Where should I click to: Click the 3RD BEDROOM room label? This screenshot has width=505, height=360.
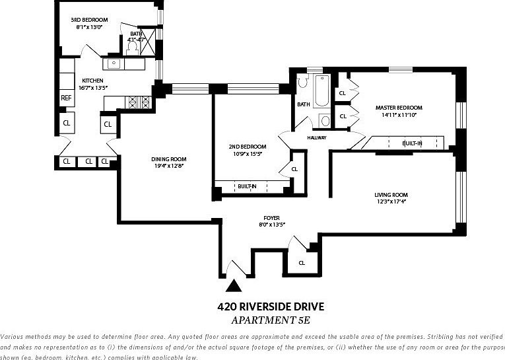click(88, 20)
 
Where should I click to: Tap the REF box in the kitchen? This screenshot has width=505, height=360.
click(66, 98)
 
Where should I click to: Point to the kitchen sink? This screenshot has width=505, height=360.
click(114, 64)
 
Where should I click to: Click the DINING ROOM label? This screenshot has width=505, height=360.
click(169, 159)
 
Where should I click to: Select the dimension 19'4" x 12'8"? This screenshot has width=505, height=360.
click(169, 166)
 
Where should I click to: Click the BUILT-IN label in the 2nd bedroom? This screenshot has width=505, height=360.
click(248, 187)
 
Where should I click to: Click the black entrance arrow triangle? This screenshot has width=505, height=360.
click(232, 286)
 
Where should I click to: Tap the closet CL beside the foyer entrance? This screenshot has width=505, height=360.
click(302, 262)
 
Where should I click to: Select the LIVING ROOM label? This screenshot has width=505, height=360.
click(391, 195)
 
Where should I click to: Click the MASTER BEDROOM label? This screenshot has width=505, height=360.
click(399, 108)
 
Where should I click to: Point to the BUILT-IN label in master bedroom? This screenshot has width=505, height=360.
click(412, 143)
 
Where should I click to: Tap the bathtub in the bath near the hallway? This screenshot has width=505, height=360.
click(321, 92)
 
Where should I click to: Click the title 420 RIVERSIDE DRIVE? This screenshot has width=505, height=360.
click(271, 306)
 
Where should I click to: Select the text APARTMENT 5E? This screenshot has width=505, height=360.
click(271, 320)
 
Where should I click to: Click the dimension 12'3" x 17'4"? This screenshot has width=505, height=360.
click(391, 202)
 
